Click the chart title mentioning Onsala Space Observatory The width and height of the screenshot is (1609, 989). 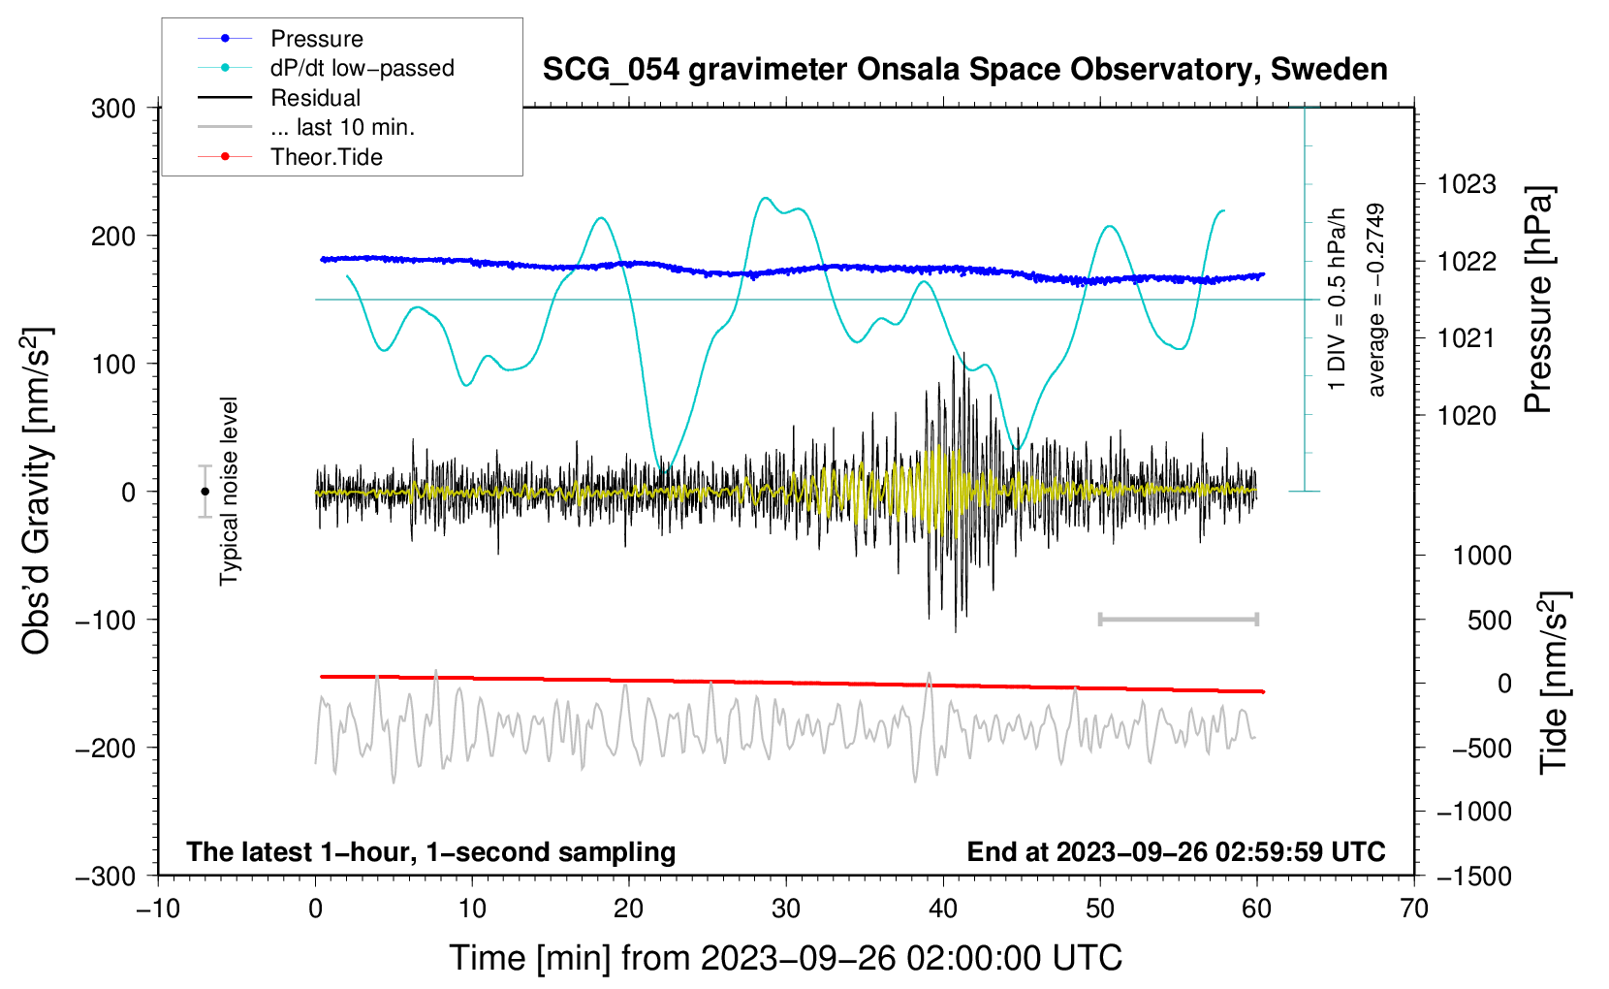point(964,69)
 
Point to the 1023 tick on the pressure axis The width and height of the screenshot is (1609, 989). point(1467,184)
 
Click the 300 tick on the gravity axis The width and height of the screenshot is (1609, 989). point(113,109)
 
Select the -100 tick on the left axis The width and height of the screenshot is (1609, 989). point(106,620)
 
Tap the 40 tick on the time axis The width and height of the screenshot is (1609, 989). point(942,909)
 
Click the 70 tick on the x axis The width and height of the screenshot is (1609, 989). point(1413,909)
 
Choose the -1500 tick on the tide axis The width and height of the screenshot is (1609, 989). point(1474,877)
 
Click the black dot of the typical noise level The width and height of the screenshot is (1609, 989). point(205,492)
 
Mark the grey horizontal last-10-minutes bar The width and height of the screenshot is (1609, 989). point(1178,619)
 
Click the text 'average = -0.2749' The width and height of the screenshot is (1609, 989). point(1374,300)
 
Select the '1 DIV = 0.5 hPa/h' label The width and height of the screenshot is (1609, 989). point(1336,300)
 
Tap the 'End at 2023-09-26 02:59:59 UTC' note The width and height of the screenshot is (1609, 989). point(1176,851)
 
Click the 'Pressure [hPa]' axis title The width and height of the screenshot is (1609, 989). point(1538,300)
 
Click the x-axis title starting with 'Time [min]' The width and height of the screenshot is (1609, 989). point(785,958)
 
